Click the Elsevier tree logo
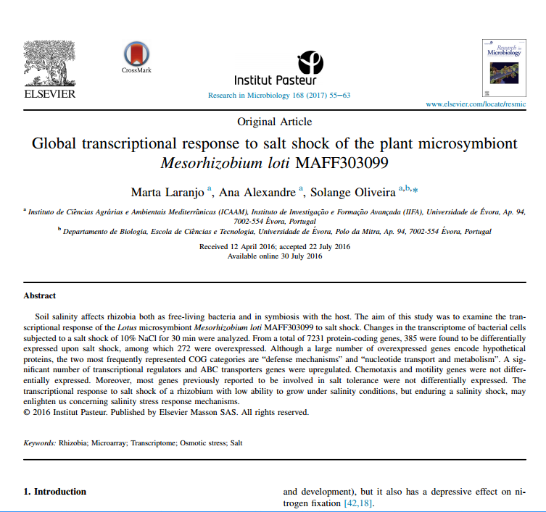pyautogui.click(x=49, y=63)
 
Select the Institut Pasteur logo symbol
pyautogui.click(x=310, y=62)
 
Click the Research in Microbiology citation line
pyautogui.click(x=279, y=95)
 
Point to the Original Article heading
pyautogui.click(x=274, y=122)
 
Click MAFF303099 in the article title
pyautogui.click(x=344, y=161)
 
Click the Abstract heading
pyautogui.click(x=40, y=295)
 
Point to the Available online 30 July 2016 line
pyautogui.click(x=274, y=256)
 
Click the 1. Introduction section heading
pyautogui.click(x=55, y=492)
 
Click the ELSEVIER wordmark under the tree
pyautogui.click(x=49, y=94)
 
